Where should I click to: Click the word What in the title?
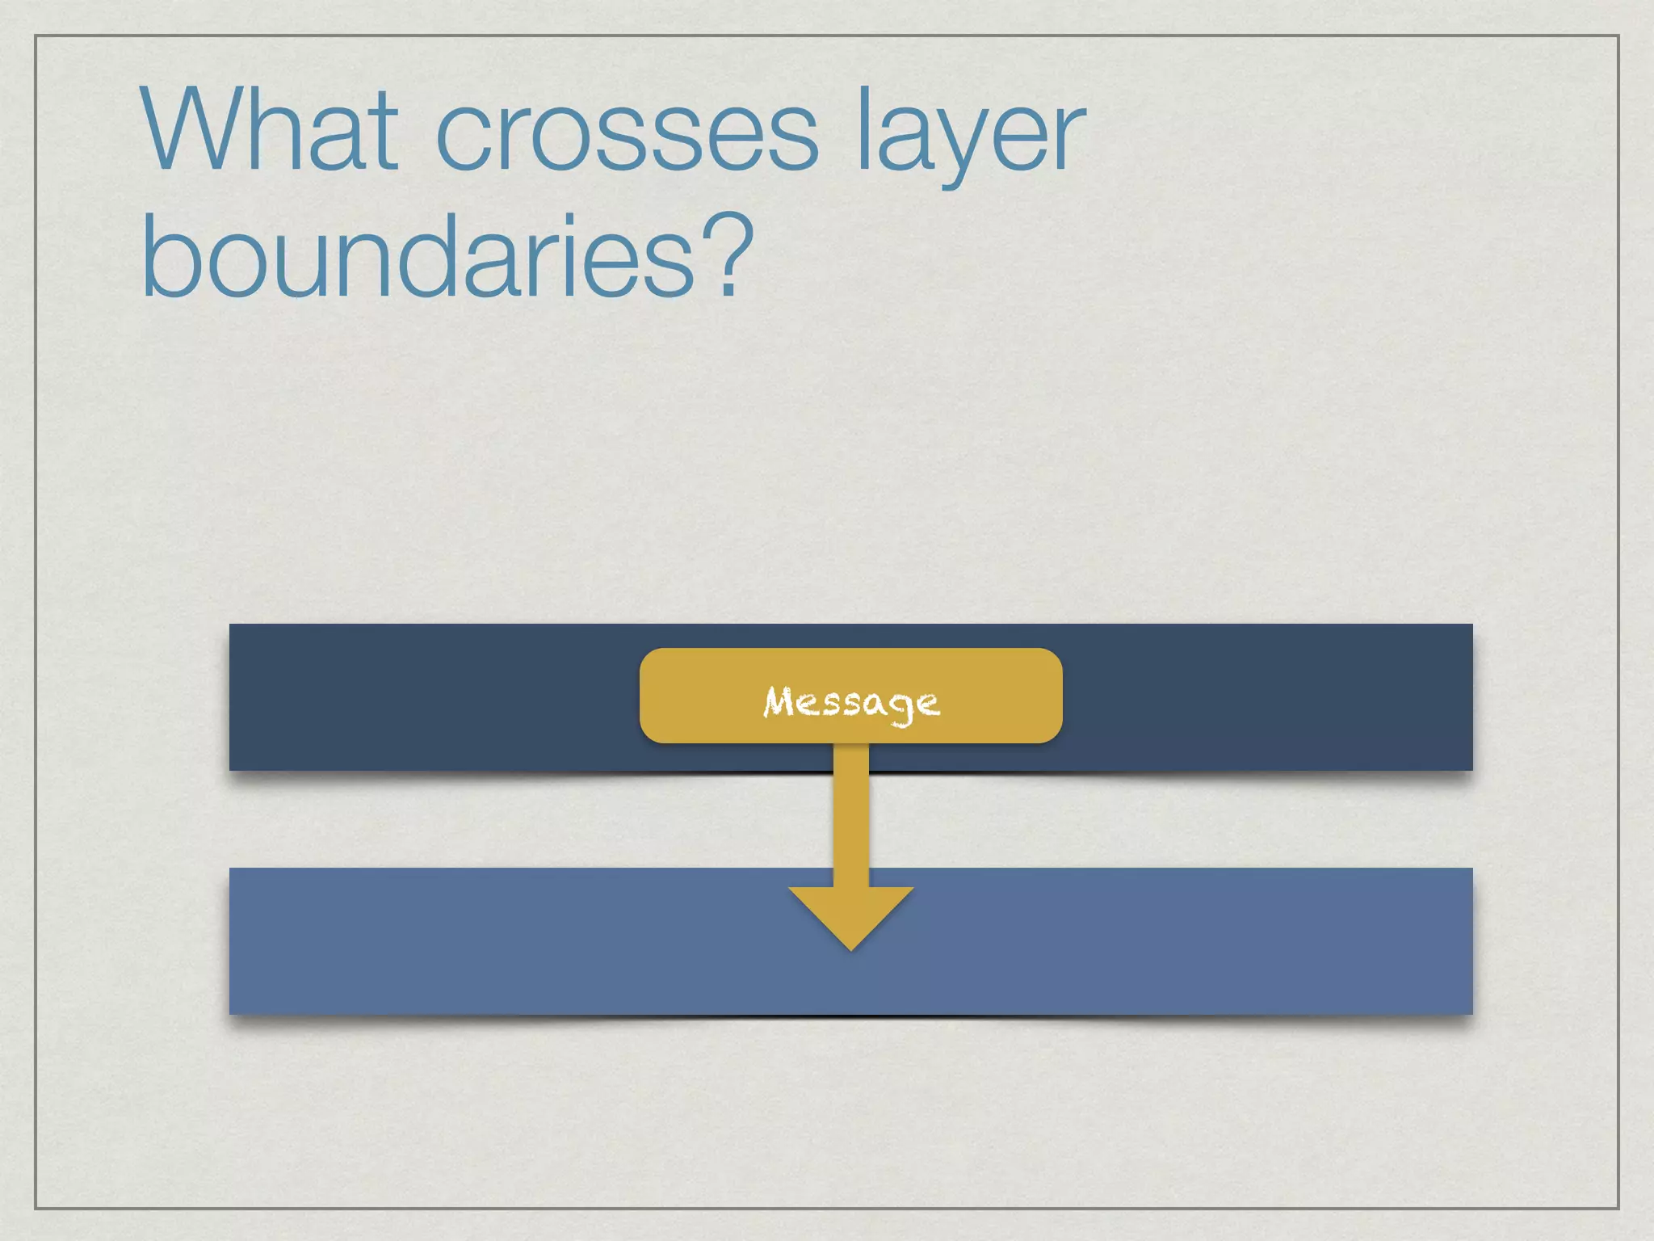click(x=270, y=129)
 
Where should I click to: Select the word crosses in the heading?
click(x=627, y=133)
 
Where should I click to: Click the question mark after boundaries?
click(x=727, y=255)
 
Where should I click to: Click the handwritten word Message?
click(x=851, y=701)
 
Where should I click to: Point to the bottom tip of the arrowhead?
click(x=851, y=949)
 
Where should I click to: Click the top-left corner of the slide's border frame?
click(x=36, y=36)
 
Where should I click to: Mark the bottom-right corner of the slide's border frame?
click(x=1618, y=1208)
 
